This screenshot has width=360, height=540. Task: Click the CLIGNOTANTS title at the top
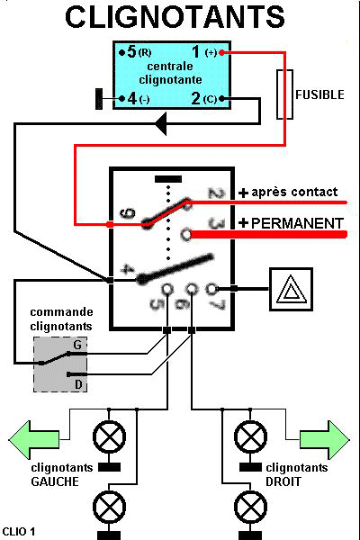[175, 16]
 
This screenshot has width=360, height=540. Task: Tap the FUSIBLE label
[319, 94]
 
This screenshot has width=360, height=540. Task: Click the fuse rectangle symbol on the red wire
[285, 94]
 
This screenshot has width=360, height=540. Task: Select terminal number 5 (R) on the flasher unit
[135, 52]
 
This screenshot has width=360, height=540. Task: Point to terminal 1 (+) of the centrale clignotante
[207, 52]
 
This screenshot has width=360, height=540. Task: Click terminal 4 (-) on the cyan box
[135, 99]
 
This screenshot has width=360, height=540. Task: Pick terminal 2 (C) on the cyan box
[207, 99]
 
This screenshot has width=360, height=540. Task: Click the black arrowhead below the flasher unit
[161, 123]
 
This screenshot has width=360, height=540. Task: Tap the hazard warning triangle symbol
[291, 289]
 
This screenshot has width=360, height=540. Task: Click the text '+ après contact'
[288, 193]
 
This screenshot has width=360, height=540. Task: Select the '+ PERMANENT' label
[291, 223]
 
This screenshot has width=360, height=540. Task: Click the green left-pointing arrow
[33, 440]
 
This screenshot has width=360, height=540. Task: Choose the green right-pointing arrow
[325, 440]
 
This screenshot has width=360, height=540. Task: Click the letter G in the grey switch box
[78, 345]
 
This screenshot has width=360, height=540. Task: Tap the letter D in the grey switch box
[78, 384]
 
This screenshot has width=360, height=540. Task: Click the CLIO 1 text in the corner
[19, 531]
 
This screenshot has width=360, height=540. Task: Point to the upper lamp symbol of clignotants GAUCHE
[109, 437]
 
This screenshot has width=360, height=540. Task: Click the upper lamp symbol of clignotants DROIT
[250, 437]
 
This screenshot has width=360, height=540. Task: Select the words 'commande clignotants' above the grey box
[61, 319]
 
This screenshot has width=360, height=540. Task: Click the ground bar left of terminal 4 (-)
[99, 99]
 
